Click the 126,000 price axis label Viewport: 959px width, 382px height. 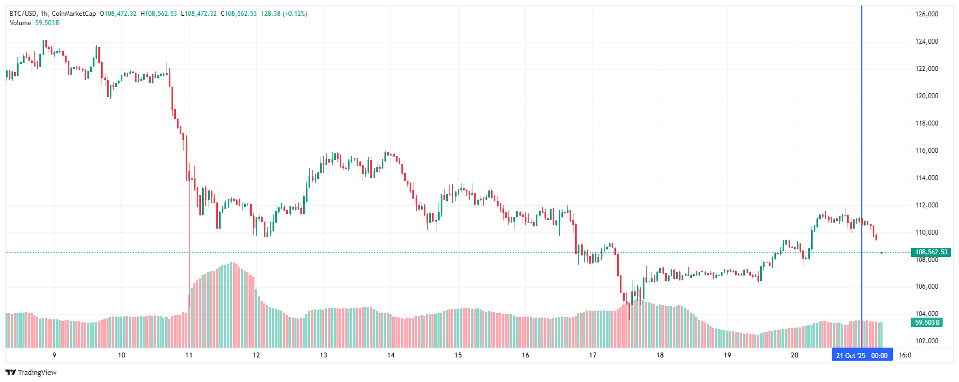[927, 14]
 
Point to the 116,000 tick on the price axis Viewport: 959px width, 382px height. [927, 151]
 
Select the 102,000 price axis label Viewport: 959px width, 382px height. [927, 341]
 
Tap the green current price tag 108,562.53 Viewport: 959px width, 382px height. [931, 252]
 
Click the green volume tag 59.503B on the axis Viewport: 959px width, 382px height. [927, 323]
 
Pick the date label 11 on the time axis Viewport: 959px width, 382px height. [189, 355]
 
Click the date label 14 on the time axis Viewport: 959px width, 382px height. [391, 355]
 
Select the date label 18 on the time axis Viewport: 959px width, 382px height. [660, 355]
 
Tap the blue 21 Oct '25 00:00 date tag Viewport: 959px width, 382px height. [862, 355]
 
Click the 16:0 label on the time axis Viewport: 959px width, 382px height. [905, 355]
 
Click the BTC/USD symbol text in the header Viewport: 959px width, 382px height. [22, 14]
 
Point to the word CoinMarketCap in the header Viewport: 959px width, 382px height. [74, 14]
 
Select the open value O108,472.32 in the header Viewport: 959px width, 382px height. [118, 14]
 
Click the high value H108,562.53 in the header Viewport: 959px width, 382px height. [159, 14]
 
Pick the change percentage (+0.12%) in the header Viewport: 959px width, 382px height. [295, 14]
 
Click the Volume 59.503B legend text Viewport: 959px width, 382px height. [34, 23]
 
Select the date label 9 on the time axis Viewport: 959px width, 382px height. [54, 355]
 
